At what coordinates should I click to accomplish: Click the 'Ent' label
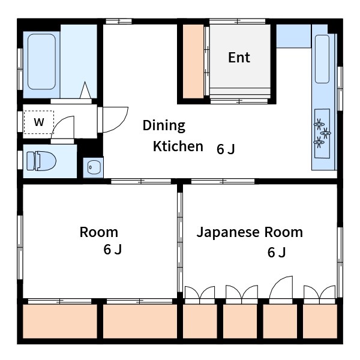[x=239, y=57]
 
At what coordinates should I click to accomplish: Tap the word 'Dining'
[x=164, y=125]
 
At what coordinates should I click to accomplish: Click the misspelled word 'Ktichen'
[x=178, y=146]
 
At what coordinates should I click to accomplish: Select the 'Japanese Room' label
[x=250, y=232]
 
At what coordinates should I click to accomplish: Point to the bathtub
[x=41, y=62]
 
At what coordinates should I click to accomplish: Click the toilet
[x=41, y=161]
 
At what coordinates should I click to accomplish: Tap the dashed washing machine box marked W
[x=39, y=122]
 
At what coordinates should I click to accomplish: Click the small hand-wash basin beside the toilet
[x=94, y=167]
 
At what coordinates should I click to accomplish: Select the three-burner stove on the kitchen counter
[x=322, y=133]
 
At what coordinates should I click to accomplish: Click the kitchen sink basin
[x=322, y=59]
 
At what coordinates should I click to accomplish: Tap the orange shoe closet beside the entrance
[x=193, y=61]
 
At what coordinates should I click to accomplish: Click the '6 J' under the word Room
[x=112, y=250]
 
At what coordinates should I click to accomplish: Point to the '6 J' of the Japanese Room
[x=277, y=252]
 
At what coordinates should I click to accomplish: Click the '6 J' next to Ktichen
[x=226, y=149]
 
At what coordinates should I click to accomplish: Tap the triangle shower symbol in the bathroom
[x=85, y=90]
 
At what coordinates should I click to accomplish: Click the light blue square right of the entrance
[x=293, y=36]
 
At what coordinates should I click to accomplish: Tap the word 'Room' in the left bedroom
[x=99, y=232]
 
